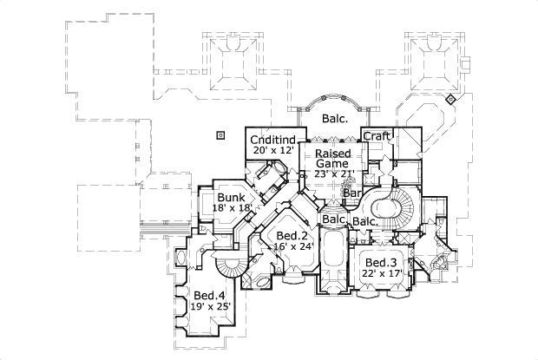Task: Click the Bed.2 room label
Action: click(x=292, y=236)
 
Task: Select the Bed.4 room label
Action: click(x=208, y=294)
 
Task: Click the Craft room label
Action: click(x=377, y=136)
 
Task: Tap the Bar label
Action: click(x=352, y=193)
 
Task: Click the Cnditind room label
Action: click(x=273, y=141)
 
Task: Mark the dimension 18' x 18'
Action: click(x=232, y=208)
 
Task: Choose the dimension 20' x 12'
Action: click(x=273, y=151)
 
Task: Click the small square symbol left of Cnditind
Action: click(x=220, y=135)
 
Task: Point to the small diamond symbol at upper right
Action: click(x=451, y=101)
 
